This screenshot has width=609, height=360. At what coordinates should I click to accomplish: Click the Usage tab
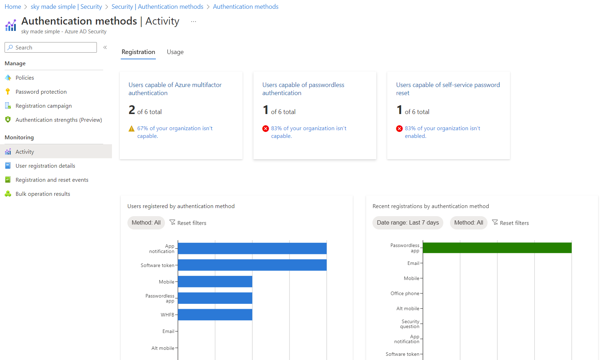pos(175,52)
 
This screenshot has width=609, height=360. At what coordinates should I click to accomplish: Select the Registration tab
pos(138,52)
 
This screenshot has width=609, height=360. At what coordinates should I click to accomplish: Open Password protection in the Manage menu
pos(41,92)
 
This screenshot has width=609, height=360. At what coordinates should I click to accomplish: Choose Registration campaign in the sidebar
pos(44,106)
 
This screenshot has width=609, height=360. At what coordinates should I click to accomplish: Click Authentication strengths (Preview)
pos(59,120)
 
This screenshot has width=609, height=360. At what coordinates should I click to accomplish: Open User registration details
pos(45,166)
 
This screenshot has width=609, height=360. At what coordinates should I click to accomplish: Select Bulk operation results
pos(43,194)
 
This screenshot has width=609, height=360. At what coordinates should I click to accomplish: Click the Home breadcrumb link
pos(13,7)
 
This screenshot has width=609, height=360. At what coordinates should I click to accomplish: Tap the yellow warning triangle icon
pos(132,129)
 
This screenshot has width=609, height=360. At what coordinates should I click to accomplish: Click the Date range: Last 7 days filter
pos(408,222)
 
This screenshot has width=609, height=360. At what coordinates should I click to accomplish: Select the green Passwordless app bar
pos(497,248)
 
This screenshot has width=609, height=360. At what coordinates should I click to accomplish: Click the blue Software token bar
pos(252,265)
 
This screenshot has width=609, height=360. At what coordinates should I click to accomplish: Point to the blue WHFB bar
pos(215,314)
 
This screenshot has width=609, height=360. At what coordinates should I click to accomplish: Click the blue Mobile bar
pos(215,281)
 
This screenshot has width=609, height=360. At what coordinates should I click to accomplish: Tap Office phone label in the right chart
pos(405,293)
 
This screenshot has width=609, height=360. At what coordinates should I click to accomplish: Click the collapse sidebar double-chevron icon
pos(105,47)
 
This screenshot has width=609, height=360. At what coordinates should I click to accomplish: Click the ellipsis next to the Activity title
pos(193,22)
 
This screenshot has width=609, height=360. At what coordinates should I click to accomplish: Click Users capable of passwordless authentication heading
pos(303,89)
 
